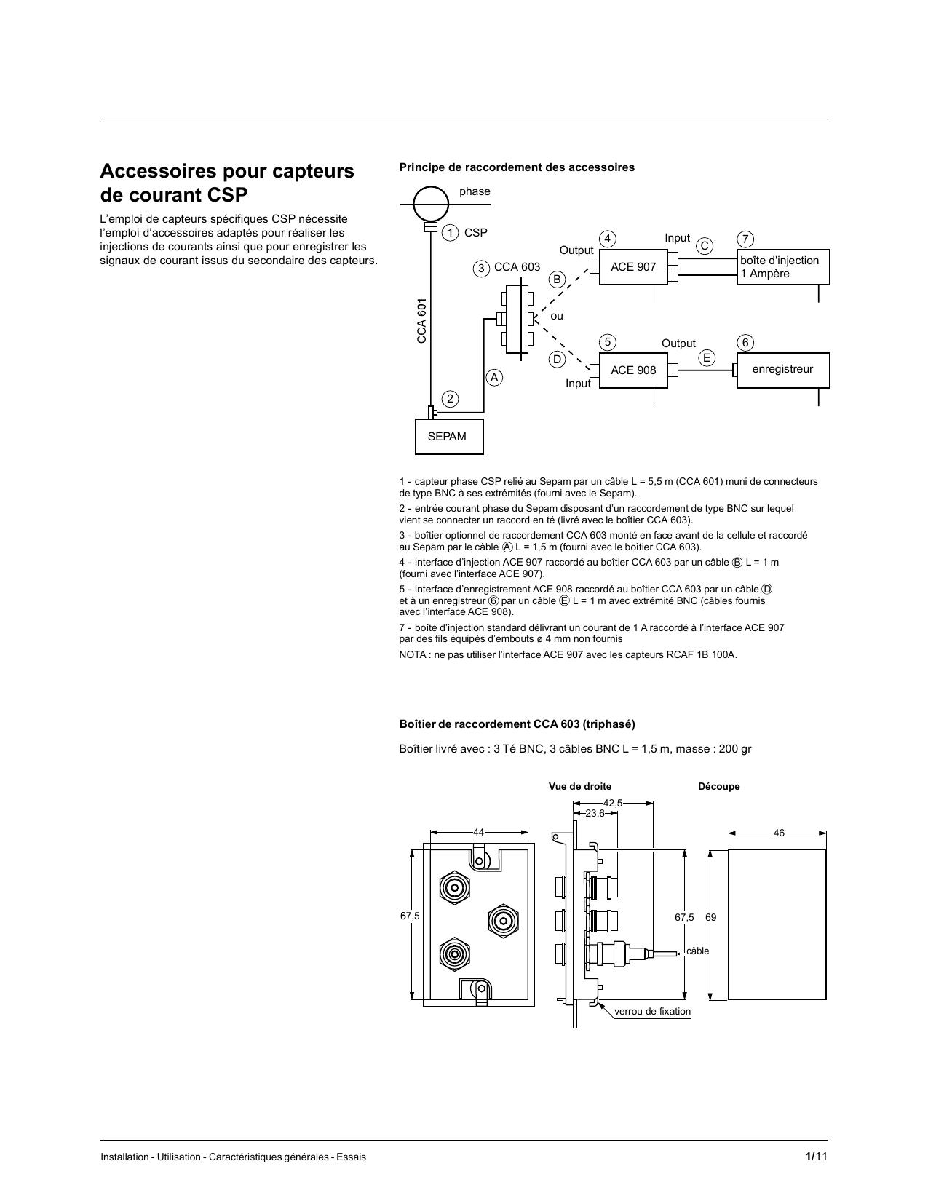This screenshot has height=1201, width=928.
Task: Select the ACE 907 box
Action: pyautogui.click(x=632, y=267)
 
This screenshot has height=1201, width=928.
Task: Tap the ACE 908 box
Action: pyautogui.click(x=632, y=370)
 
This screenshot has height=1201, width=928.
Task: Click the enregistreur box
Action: pyautogui.click(x=782, y=370)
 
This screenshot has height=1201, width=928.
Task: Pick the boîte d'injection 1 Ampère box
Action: pyautogui.click(x=782, y=267)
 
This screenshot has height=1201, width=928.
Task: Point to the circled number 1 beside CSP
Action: pyautogui.click(x=451, y=233)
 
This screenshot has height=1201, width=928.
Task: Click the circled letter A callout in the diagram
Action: pyautogui.click(x=495, y=378)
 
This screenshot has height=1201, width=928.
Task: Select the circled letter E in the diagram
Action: pyautogui.click(x=705, y=357)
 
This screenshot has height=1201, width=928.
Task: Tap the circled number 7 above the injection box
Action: pyautogui.click(x=745, y=239)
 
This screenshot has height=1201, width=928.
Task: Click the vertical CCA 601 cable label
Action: pyautogui.click(x=421, y=320)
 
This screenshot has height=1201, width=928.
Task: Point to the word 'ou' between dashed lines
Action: pyautogui.click(x=557, y=317)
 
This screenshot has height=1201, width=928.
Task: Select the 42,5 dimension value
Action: pyautogui.click(x=614, y=803)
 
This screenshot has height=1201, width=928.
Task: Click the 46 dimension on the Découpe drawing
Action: pyautogui.click(x=779, y=833)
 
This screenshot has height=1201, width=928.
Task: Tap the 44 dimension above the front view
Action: pyautogui.click(x=479, y=832)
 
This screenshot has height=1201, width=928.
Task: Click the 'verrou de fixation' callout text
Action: pyautogui.click(x=652, y=1012)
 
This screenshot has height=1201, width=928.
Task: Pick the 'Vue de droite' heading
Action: pyautogui.click(x=580, y=787)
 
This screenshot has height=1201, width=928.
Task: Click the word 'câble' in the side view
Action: pyautogui.click(x=697, y=951)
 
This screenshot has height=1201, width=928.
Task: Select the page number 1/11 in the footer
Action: pyautogui.click(x=816, y=1157)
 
